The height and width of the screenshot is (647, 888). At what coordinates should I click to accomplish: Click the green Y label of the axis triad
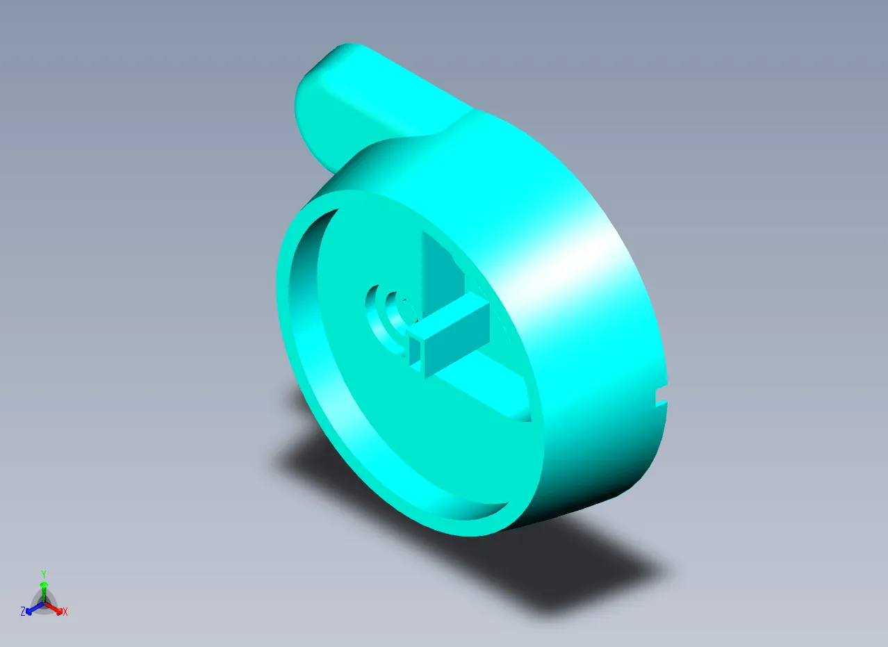click(x=44, y=573)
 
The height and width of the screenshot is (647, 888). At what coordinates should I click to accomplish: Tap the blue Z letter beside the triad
click(x=23, y=612)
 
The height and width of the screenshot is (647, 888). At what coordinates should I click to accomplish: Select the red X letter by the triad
click(x=65, y=612)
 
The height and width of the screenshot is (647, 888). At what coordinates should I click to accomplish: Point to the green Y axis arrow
click(x=44, y=592)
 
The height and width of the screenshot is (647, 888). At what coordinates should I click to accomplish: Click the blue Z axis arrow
click(x=35, y=609)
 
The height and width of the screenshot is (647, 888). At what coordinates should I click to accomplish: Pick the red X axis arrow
click(x=53, y=609)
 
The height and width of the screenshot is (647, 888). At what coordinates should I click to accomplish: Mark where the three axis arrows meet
click(x=44, y=604)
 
